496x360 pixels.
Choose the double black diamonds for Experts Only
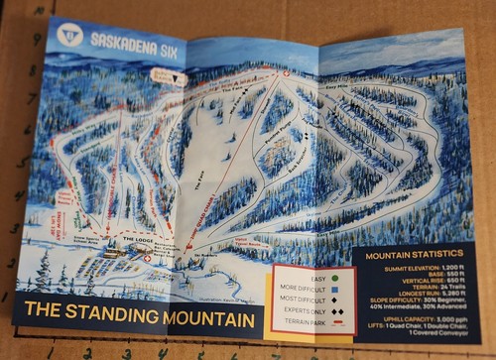(336, 312)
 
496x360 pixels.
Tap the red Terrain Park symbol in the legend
(336, 324)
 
